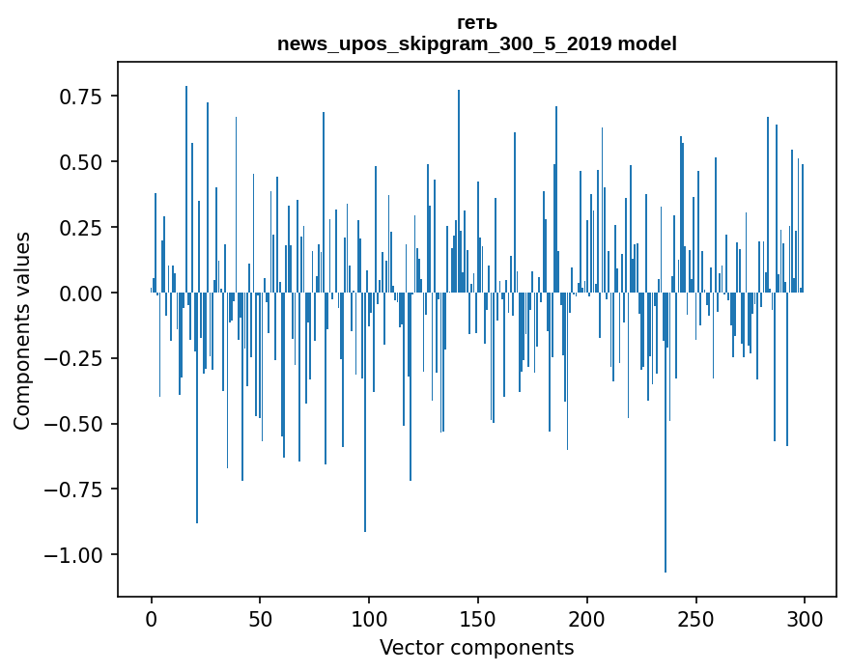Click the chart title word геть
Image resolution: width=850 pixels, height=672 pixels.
point(477,23)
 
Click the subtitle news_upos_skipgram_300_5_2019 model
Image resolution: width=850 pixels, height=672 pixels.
point(477,43)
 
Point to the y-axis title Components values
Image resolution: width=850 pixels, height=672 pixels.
point(21,330)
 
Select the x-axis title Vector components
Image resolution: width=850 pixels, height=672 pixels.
point(477,647)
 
